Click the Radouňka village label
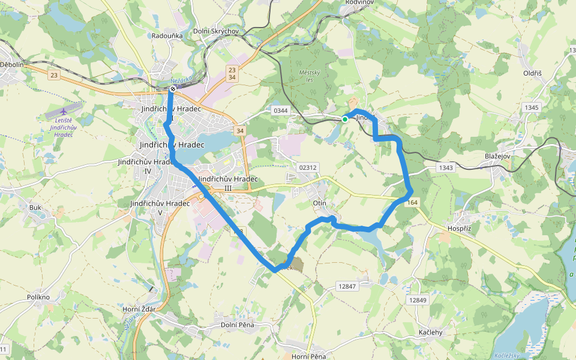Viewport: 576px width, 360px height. (167, 35)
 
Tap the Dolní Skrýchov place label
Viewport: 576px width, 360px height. (217, 31)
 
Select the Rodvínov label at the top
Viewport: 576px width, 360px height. (361, 2)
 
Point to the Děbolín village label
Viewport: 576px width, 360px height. (11, 64)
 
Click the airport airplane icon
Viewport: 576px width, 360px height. (64, 111)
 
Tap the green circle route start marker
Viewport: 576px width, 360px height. (345, 119)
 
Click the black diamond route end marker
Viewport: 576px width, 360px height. (173, 89)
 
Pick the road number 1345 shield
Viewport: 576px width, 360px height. (531, 107)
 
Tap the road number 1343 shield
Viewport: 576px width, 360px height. (446, 167)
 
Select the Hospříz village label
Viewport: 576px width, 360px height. (460, 229)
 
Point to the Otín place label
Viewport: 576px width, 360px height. (320, 203)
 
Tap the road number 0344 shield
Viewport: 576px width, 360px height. (280, 110)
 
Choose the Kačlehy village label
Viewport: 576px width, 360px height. (430, 332)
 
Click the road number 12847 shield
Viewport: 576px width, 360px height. (347, 286)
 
